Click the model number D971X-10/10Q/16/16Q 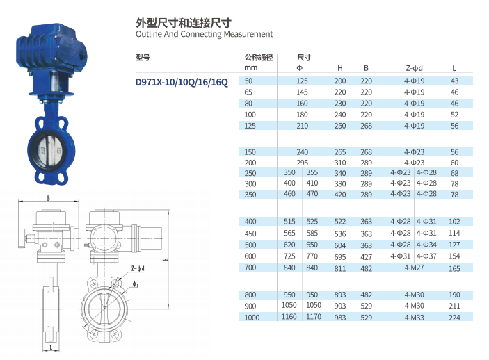(182, 82)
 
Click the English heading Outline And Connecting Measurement (204, 34)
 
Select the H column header (340, 68)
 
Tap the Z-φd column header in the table (414, 68)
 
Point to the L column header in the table (454, 68)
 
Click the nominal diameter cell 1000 (252, 318)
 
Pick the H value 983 (340, 318)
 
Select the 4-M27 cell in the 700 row (414, 268)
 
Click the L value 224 (454, 318)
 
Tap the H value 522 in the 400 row (340, 222)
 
